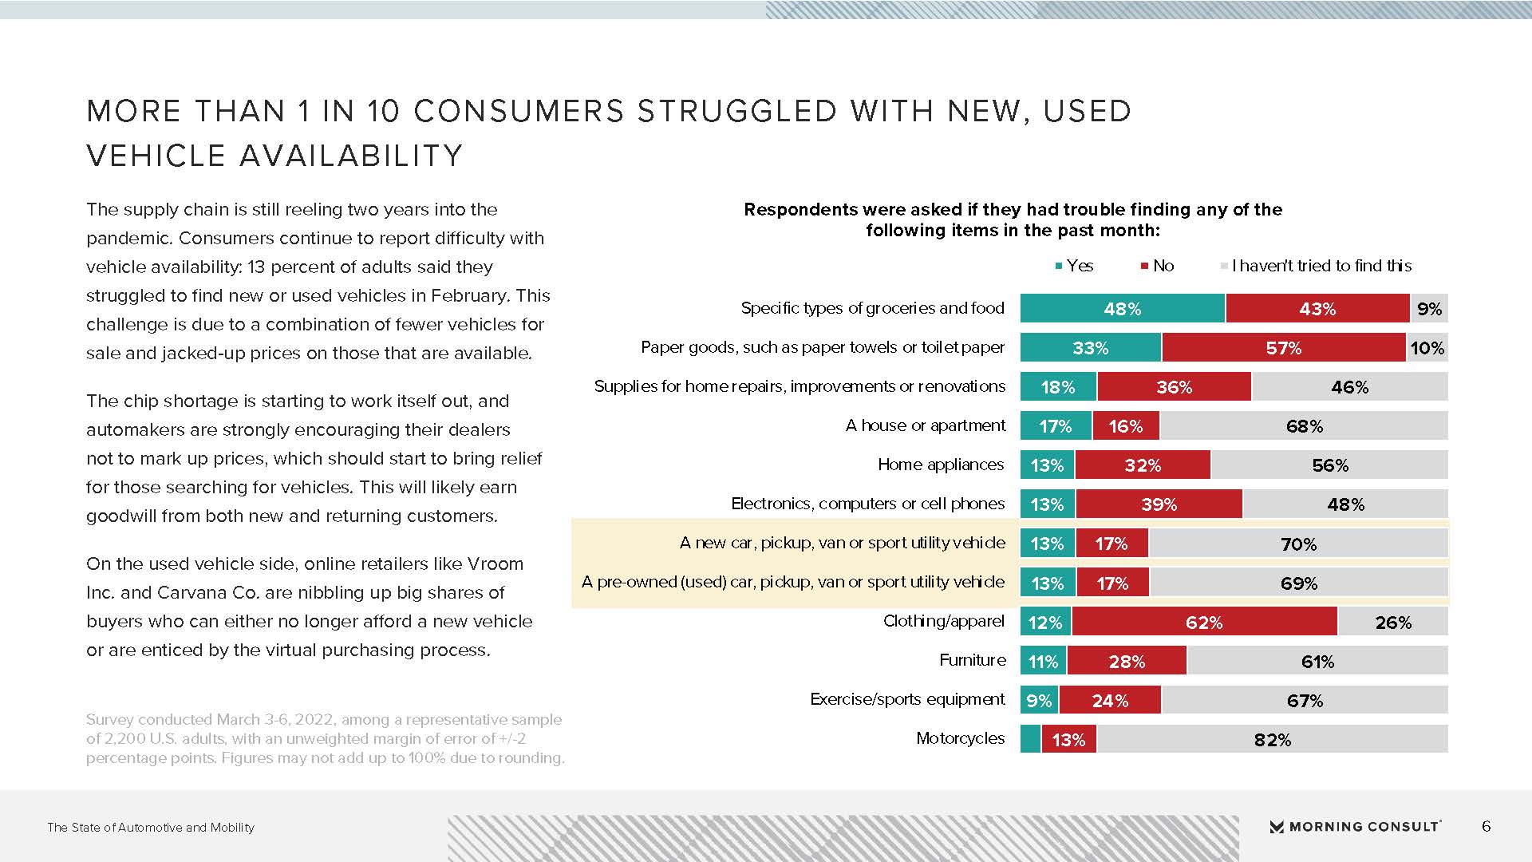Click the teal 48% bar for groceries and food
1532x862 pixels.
[1122, 308]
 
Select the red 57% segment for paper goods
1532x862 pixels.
[1283, 348]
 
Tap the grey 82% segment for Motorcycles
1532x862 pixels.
[1272, 739]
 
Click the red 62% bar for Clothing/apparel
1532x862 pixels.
[1204, 622]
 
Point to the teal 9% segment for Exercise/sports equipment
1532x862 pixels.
[1039, 700]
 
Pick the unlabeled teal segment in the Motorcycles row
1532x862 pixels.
[1030, 739]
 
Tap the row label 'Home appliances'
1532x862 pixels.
[941, 465]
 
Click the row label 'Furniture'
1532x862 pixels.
[972, 660]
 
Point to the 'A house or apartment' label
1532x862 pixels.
[926, 425]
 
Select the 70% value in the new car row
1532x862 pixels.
[1298, 544]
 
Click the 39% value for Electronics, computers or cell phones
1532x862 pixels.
[1159, 504]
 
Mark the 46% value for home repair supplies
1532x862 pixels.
[1349, 387]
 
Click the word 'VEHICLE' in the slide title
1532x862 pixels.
[155, 156]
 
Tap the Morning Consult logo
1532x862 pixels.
[1355, 827]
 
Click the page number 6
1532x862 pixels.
[1486, 826]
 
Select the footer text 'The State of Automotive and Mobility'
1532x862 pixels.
[151, 828]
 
